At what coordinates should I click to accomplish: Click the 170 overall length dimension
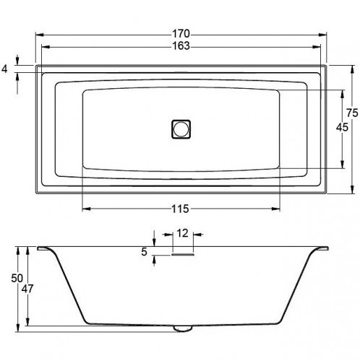click(x=181, y=34)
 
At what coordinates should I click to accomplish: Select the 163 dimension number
click(x=181, y=45)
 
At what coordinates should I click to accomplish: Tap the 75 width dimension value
click(x=352, y=113)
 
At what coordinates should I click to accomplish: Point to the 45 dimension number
click(x=342, y=127)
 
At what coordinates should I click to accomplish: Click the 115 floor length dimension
click(x=180, y=209)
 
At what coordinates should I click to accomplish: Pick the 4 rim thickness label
click(x=4, y=69)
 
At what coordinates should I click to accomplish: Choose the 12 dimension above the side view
click(x=182, y=233)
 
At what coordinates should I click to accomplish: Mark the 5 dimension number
click(x=144, y=252)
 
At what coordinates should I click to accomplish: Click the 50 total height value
click(x=17, y=278)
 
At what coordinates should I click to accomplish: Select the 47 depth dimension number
click(x=27, y=289)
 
